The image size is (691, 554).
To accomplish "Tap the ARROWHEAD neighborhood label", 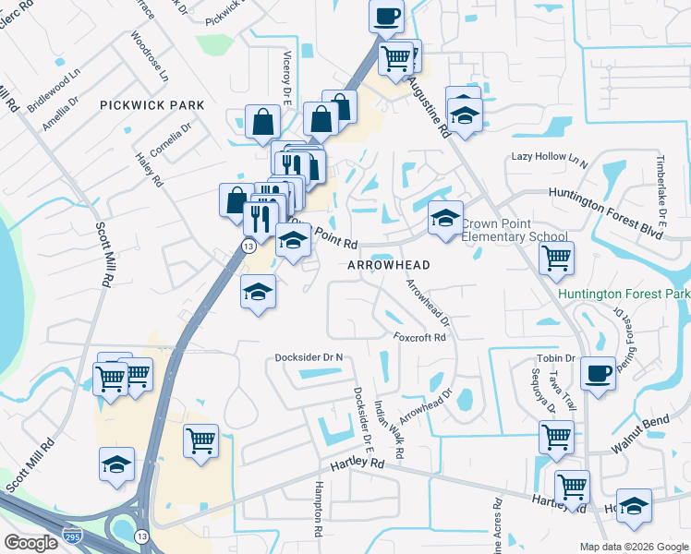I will point(389,265).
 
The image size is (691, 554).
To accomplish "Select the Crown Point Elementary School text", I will point(514,230).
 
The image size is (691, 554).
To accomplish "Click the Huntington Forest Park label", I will point(624,295).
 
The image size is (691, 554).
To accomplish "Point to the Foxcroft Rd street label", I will point(419,337).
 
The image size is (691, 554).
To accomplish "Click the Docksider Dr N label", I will point(309,357).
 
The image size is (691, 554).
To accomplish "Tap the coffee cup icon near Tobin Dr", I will point(599,373).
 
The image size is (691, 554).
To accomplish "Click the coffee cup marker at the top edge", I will point(386,16).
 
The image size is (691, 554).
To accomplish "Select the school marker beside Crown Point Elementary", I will point(445,220).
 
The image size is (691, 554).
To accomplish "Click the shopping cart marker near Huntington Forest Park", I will point(556,259).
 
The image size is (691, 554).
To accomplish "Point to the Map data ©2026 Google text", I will point(633,547).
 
